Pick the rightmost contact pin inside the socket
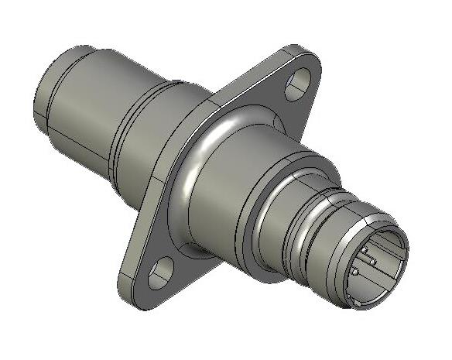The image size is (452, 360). tap(372, 261)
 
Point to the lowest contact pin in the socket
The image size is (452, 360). tap(356, 272)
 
